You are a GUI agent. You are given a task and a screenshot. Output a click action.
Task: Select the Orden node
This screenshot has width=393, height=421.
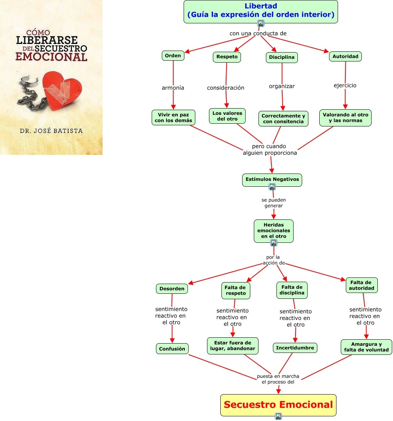(173, 56)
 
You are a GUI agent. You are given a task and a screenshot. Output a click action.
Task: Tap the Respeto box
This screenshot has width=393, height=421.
(227, 57)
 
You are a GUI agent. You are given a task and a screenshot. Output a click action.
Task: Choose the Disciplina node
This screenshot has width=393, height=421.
(281, 57)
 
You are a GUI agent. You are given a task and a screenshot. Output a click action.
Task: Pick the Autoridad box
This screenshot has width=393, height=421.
(345, 56)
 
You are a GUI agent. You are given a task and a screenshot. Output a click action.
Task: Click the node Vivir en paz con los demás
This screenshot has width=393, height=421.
(173, 117)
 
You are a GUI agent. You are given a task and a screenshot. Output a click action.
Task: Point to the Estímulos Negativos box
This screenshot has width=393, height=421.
(272, 179)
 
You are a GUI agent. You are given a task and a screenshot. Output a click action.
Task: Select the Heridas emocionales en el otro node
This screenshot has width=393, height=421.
(274, 231)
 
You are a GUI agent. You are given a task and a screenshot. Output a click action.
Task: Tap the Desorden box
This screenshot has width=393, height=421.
(172, 289)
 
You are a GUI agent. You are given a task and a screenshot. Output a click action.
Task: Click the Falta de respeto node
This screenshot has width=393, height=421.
(236, 290)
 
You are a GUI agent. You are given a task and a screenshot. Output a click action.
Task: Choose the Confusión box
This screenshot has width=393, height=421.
(172, 349)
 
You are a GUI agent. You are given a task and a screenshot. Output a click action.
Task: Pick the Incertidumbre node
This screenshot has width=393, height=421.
(295, 348)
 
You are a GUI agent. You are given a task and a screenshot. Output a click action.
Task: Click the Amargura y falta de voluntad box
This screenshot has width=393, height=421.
(366, 347)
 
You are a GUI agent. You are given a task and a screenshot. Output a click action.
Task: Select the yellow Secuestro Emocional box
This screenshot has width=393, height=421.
(278, 405)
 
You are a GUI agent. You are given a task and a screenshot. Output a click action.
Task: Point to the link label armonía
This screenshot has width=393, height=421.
(173, 88)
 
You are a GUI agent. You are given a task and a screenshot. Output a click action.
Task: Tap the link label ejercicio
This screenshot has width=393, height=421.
(345, 85)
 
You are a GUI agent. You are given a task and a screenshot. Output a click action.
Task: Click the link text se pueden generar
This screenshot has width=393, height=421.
(273, 203)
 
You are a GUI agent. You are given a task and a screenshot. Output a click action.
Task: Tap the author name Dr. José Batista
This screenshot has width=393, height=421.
(51, 131)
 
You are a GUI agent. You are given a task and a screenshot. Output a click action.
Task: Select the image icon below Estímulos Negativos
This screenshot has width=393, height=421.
(272, 187)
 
